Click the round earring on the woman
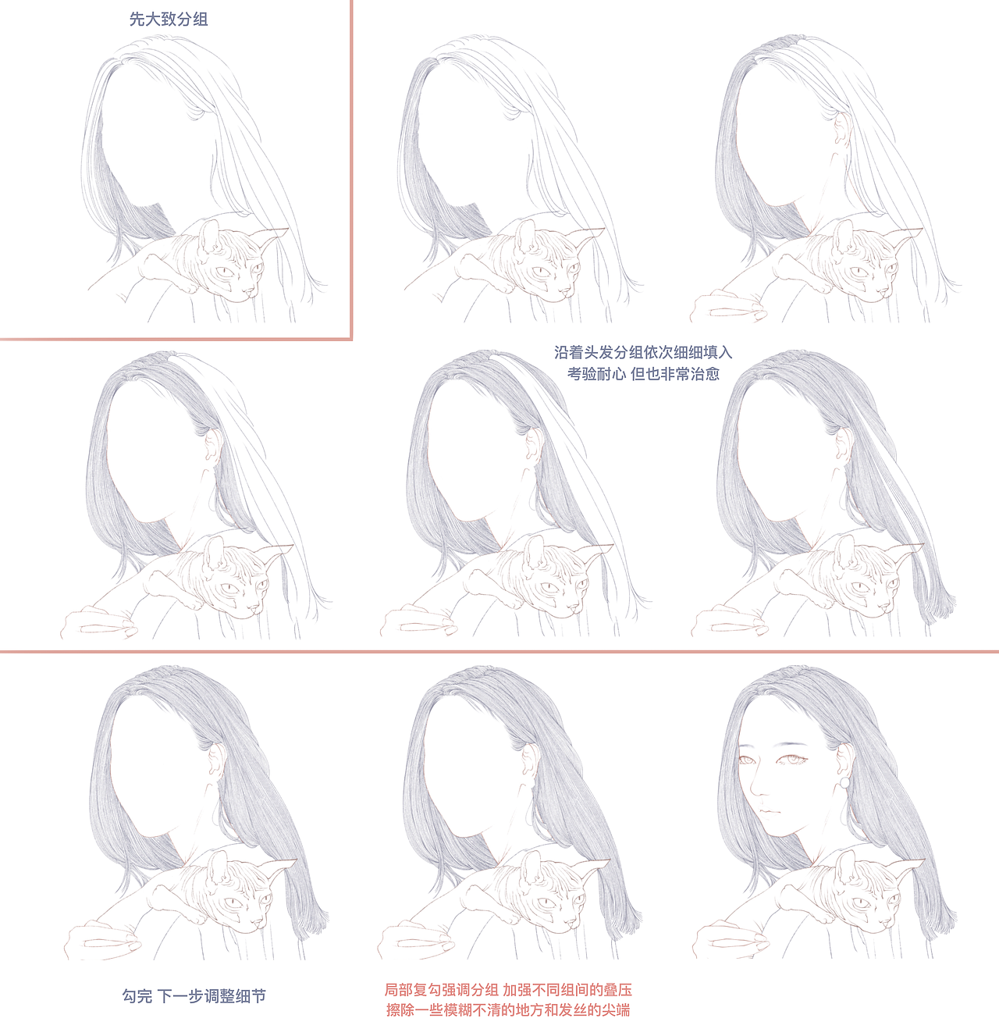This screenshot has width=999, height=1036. pyautogui.click(x=845, y=782)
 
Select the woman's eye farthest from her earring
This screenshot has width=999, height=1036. pyautogui.click(x=747, y=760)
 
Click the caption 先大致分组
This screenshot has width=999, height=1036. pyautogui.click(x=168, y=20)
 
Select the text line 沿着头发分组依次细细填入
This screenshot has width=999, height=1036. pyautogui.click(x=643, y=352)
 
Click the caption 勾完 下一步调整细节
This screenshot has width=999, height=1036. pyautogui.click(x=194, y=996)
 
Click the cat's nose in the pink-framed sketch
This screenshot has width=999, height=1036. pyautogui.click(x=248, y=292)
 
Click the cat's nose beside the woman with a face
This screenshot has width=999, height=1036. pyautogui.click(x=883, y=926)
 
